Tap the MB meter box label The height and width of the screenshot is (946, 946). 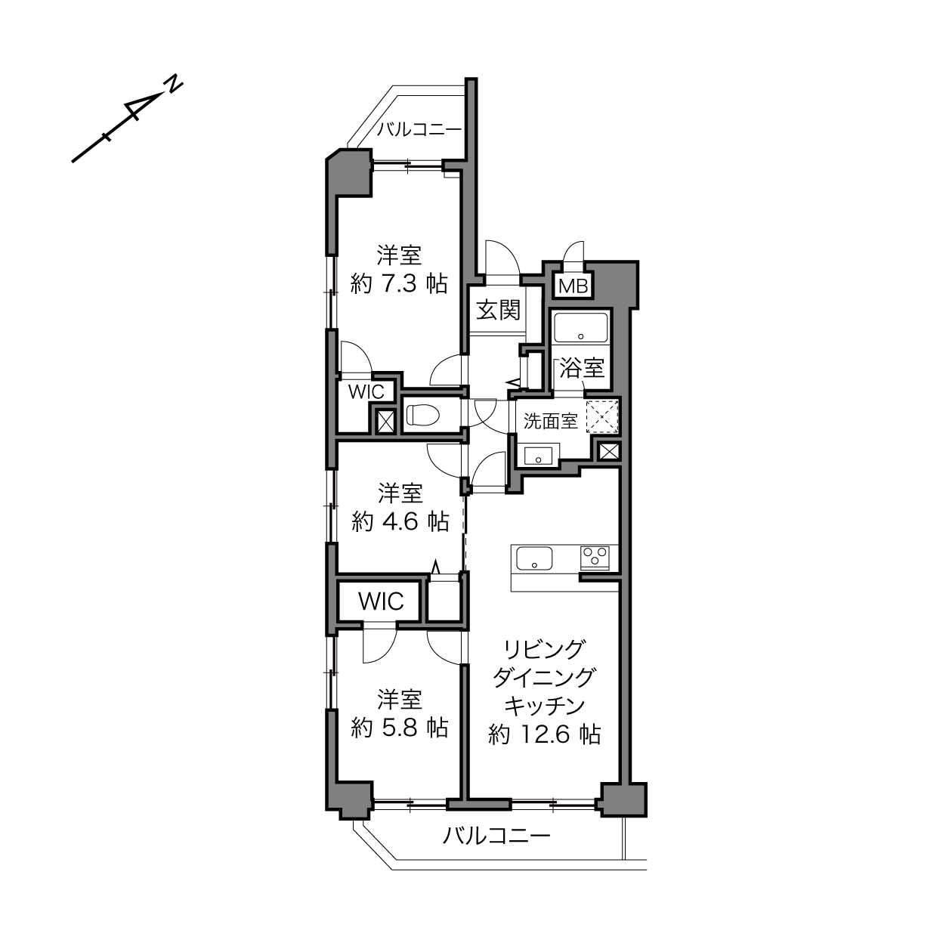pos(573,286)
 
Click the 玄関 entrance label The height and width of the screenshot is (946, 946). pos(498,311)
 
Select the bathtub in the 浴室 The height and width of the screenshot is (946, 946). pos(581,327)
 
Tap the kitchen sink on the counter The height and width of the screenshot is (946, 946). pos(535,558)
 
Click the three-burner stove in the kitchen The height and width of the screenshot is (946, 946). pos(595,557)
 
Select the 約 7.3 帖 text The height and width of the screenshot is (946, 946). pos(399,283)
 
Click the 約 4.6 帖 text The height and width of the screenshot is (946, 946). pos(400,522)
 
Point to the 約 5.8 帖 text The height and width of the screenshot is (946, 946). pos(400,728)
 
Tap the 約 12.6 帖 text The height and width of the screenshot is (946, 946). pos(545,734)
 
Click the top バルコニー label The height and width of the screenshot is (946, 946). pos(420,130)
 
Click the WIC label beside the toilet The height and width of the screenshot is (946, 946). pos(366,391)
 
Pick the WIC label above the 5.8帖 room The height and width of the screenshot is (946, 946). pos(381,601)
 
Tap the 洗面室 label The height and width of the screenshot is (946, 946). pos(550,421)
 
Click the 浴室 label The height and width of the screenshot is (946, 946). pos(582,368)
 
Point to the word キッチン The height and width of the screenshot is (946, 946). pos(545,706)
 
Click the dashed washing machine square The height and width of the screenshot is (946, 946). pos(602,417)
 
